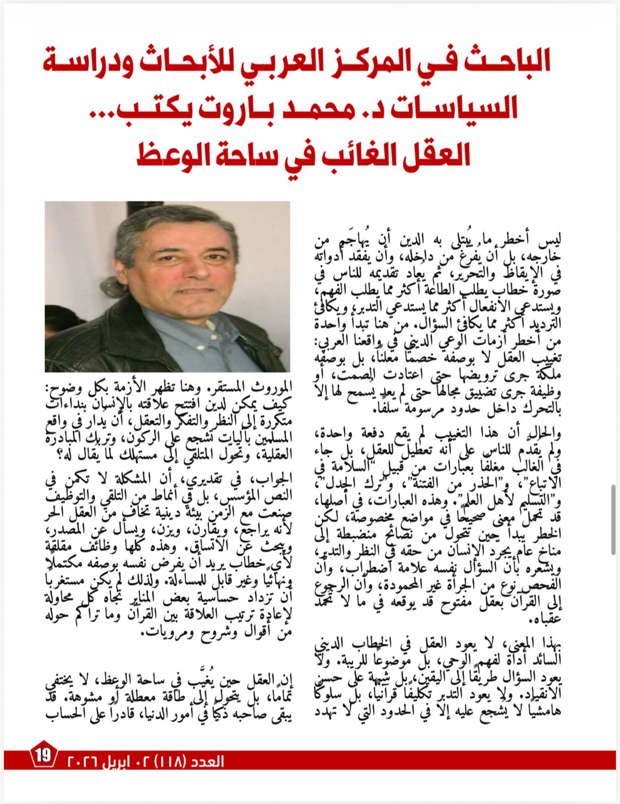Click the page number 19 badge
(43, 755)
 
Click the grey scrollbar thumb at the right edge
(614, 519)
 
